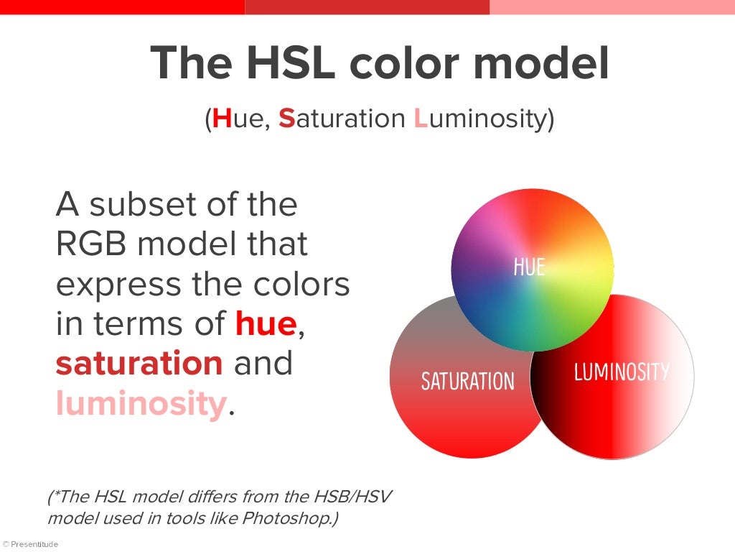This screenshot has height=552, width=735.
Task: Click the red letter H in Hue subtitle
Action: tap(222, 119)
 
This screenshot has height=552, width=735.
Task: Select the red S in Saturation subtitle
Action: tap(286, 119)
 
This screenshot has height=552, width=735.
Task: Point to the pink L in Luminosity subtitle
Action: tap(421, 119)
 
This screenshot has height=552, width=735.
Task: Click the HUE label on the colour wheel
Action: tap(529, 267)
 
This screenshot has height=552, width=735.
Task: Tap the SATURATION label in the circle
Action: tap(467, 381)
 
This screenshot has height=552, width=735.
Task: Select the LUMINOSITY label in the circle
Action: tap(622, 372)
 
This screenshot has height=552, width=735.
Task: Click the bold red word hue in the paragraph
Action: tap(266, 324)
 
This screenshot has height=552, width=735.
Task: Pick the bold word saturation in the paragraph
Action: tap(139, 364)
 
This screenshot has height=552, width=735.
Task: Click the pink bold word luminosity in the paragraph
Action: tap(141, 404)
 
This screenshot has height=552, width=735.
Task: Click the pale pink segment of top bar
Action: tap(612, 6)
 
